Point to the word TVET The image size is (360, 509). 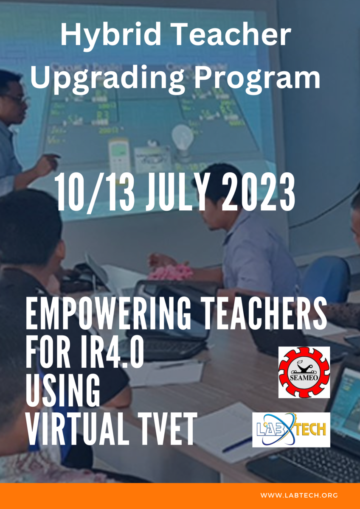pos(168,428)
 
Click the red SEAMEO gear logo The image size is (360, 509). pos(304,372)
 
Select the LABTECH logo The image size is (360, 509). pos(291,429)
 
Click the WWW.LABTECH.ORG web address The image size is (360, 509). pos(299,495)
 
